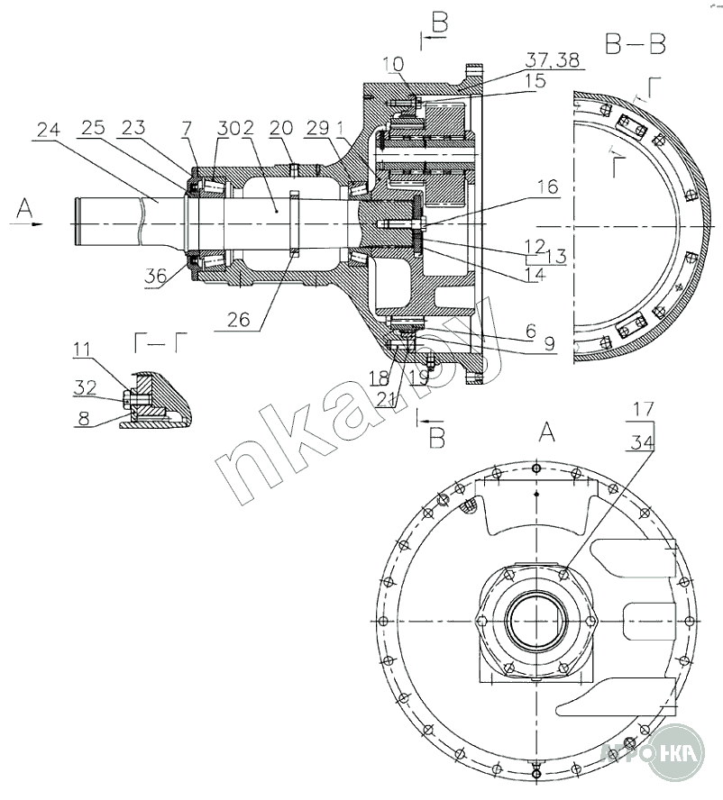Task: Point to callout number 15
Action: point(535,81)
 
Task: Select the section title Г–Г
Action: point(160,341)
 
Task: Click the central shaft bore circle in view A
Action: point(535,622)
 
